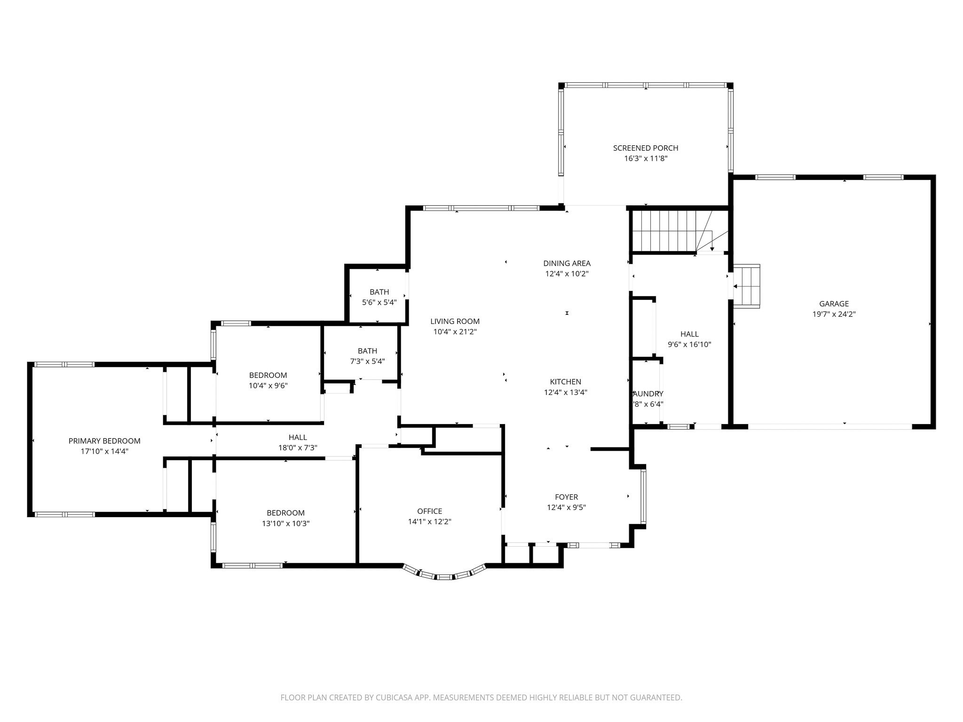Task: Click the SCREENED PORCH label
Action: [x=645, y=148]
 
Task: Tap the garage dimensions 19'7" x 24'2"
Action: [x=834, y=314]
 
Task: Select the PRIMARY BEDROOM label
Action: [x=104, y=441]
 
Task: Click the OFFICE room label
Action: [x=429, y=511]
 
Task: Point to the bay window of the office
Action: [x=444, y=575]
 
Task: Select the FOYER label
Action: [x=566, y=497]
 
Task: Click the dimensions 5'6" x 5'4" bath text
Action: [x=379, y=303]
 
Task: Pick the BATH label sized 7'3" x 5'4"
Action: [x=367, y=351]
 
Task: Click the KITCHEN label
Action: [x=566, y=382]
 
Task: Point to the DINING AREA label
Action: [x=567, y=263]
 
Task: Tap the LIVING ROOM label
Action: [x=455, y=322]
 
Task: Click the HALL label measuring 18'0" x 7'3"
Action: [x=298, y=438]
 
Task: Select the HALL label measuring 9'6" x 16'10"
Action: [x=689, y=334]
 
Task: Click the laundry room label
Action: [x=648, y=394]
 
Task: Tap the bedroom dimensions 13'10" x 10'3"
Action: [x=285, y=523]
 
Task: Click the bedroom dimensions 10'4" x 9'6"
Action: [x=268, y=385]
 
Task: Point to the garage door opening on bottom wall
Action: [x=830, y=426]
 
